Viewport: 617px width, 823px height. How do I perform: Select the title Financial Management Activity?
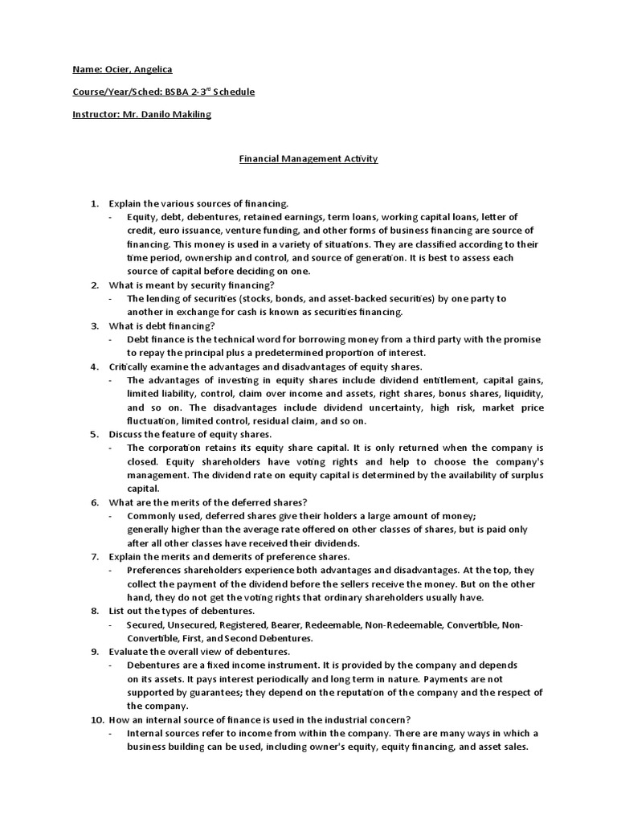(x=308, y=159)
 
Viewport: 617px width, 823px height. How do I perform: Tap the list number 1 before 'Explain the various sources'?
(x=93, y=204)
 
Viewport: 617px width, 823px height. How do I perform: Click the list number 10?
(x=93, y=719)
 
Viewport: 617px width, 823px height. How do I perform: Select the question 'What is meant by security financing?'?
(x=191, y=285)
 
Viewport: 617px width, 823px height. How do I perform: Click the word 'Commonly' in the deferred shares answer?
(x=152, y=516)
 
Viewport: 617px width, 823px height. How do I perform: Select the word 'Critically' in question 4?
(x=129, y=366)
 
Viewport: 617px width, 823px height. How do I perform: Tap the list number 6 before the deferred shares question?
(x=93, y=502)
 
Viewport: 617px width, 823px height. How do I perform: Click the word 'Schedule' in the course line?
(x=234, y=92)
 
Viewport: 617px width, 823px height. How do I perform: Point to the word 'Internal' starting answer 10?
(x=145, y=733)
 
